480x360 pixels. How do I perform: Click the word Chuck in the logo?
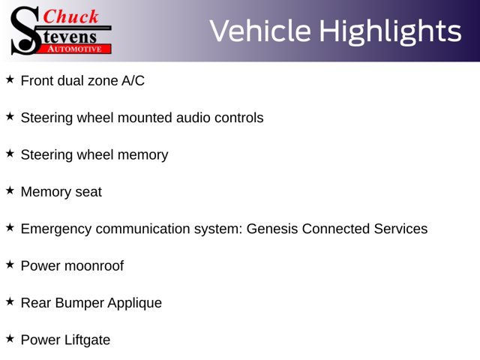coord(70,16)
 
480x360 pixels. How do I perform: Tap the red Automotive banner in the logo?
coord(74,49)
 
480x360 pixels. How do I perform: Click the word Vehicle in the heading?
coord(260,31)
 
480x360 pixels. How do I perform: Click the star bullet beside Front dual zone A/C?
coord(10,79)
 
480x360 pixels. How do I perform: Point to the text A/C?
coord(133,81)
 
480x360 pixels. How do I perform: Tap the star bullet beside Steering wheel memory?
coord(10,154)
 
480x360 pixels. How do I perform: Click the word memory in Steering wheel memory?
coord(142,155)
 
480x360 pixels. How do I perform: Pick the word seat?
coord(88,192)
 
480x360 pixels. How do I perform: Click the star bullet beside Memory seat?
coord(10,190)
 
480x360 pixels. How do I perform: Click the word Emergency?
coord(56,229)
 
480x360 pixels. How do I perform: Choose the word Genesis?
coord(272,229)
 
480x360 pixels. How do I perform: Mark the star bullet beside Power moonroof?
coord(10,265)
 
